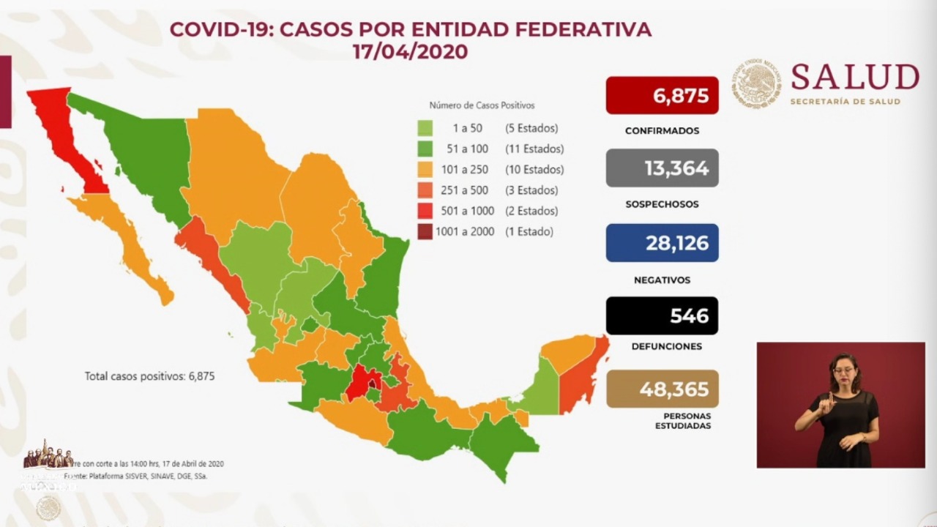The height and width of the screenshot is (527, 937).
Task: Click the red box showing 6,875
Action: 662,95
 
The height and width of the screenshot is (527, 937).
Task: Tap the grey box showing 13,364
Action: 662,168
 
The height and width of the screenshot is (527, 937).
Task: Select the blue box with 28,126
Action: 662,243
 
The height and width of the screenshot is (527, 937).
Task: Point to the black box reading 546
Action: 662,315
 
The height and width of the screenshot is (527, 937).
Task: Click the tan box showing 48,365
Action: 662,389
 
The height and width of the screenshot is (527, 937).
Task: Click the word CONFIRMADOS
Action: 662,131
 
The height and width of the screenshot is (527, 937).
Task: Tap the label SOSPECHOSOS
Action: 662,204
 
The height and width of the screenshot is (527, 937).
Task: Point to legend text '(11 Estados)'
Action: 534,149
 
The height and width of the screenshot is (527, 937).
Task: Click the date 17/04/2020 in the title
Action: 410,53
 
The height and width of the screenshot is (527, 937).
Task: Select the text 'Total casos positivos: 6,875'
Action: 149,376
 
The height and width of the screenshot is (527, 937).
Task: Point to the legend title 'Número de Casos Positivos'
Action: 482,105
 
